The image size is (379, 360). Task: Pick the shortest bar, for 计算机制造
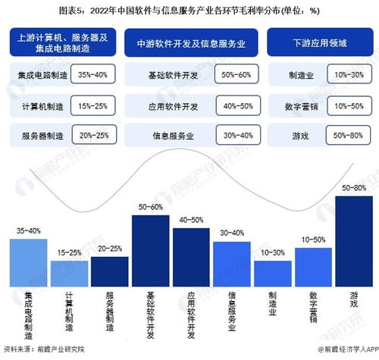(69, 271)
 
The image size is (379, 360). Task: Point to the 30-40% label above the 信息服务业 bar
(232, 233)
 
